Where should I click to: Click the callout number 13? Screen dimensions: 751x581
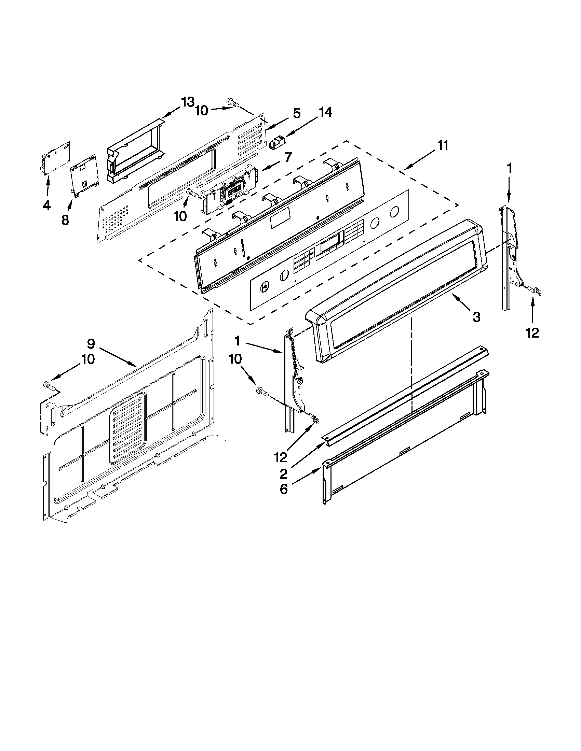[188, 102]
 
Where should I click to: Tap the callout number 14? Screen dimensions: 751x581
[325, 112]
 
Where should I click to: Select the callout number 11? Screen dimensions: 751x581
[443, 145]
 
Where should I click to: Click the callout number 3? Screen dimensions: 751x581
[476, 317]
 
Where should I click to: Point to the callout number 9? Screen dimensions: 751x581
[90, 343]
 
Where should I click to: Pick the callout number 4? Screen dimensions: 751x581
[46, 206]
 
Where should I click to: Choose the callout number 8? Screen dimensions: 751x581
[65, 220]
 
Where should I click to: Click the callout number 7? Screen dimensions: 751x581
[288, 157]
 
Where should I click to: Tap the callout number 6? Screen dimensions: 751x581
[283, 489]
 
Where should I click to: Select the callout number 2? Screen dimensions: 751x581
[283, 474]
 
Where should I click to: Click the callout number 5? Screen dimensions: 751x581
[296, 113]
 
